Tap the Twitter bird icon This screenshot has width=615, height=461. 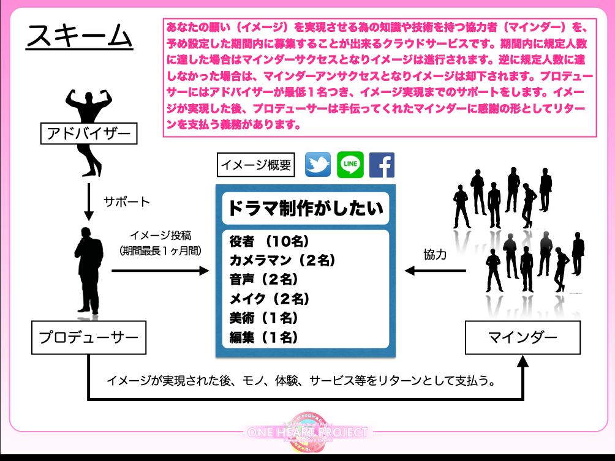tap(318, 165)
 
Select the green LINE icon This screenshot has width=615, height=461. tap(350, 165)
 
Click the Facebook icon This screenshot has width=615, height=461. tap(382, 165)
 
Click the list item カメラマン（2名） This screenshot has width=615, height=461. tap(282, 260)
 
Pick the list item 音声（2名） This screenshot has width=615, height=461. tap(263, 280)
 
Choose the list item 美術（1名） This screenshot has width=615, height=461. tap(263, 318)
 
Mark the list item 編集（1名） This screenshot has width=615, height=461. tap(263, 337)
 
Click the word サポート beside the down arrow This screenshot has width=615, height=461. tap(127, 201)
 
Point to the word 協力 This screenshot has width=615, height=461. tap(435, 255)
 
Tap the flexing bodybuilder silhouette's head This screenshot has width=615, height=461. tap(89, 98)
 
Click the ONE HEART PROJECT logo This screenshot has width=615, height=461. tap(308, 432)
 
